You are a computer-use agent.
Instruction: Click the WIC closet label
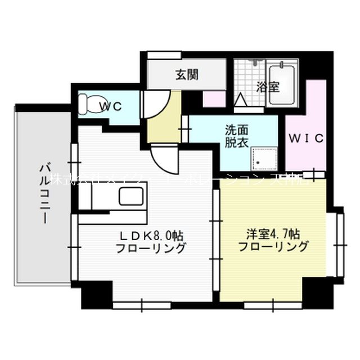[307, 138]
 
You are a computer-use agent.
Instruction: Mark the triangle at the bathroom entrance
[240, 100]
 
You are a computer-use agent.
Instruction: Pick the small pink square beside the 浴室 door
[214, 98]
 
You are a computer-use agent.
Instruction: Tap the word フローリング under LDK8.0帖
[151, 248]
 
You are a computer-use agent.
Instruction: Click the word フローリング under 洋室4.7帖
[273, 246]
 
